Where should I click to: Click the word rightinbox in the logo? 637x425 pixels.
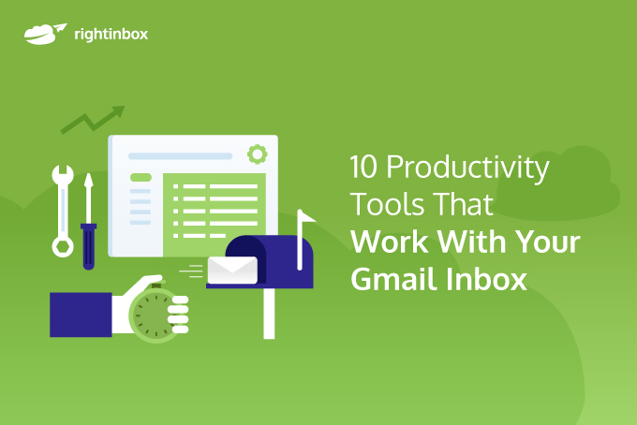(110, 35)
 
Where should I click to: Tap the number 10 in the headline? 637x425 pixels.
(363, 169)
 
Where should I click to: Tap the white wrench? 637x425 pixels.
(63, 211)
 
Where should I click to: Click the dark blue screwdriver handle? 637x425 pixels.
(88, 245)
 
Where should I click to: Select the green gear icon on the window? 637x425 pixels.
(256, 154)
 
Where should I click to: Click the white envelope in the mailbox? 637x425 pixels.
(231, 270)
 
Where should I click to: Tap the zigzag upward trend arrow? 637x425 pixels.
(93, 119)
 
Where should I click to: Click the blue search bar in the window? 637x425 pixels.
(180, 155)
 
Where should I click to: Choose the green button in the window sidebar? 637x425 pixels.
(141, 177)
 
